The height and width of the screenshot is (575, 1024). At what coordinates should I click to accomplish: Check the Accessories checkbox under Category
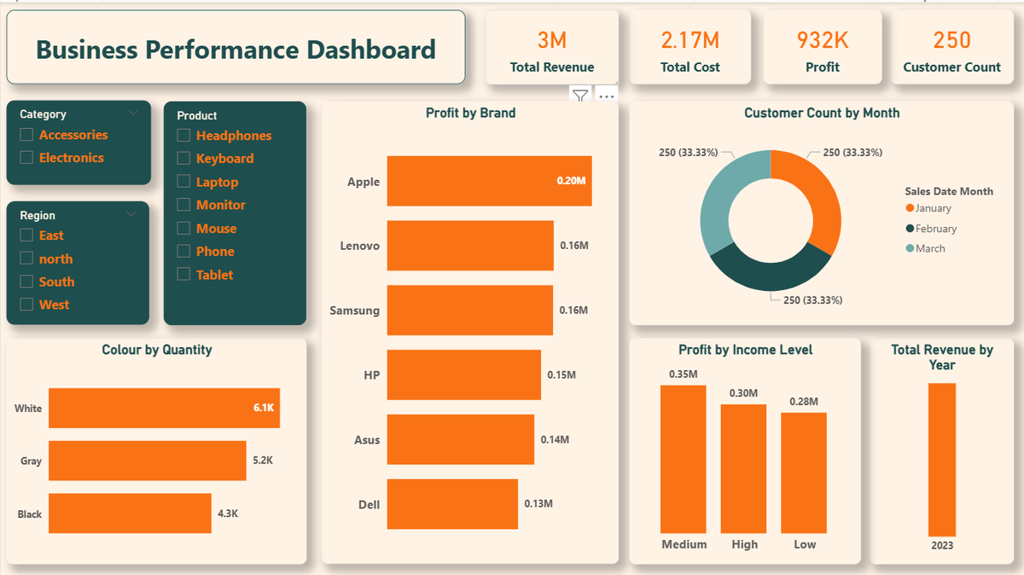26,135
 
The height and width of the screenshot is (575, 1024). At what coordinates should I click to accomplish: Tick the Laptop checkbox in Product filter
183,182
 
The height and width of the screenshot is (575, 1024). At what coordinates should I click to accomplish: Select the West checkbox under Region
26,305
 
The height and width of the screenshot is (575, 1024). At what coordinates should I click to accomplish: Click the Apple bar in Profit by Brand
489,181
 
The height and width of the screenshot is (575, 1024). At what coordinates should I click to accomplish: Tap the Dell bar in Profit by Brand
452,504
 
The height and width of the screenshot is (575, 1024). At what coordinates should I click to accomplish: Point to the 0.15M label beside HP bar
561,375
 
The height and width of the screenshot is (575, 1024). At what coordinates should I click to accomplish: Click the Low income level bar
804,473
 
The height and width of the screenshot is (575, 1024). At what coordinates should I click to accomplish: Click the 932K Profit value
822,40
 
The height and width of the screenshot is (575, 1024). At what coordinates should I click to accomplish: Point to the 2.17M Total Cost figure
689,40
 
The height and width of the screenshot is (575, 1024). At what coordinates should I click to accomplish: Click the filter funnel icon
580,96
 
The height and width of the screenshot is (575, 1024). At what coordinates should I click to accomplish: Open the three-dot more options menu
607,96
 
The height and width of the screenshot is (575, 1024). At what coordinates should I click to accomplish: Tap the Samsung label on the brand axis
355,311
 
